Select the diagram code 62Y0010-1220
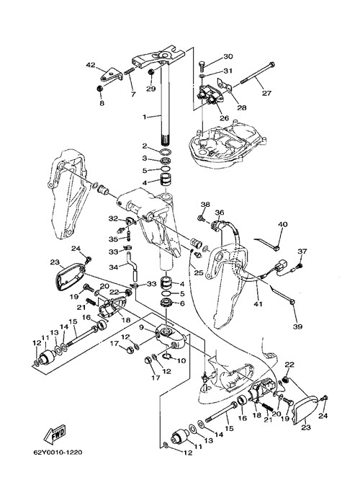pyautogui.click(x=58, y=452)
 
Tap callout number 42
pyautogui.click(x=91, y=65)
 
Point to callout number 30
pyautogui.click(x=228, y=56)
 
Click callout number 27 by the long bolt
pyautogui.click(x=266, y=93)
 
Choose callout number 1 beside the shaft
pyautogui.click(x=145, y=117)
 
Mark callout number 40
pyautogui.click(x=283, y=225)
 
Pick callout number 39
pyautogui.click(x=297, y=326)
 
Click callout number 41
pyautogui.click(x=258, y=304)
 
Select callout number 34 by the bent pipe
pyautogui.click(x=113, y=267)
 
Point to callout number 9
pyautogui.click(x=141, y=327)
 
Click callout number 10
pyautogui.click(x=181, y=361)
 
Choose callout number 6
pyautogui.click(x=181, y=303)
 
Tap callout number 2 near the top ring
pyautogui.click(x=145, y=146)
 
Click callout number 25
pyautogui.click(x=199, y=272)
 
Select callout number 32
pyautogui.click(x=113, y=219)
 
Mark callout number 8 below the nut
pyautogui.click(x=102, y=103)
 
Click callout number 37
pyautogui.click(x=302, y=252)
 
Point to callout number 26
pyautogui.click(x=224, y=118)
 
